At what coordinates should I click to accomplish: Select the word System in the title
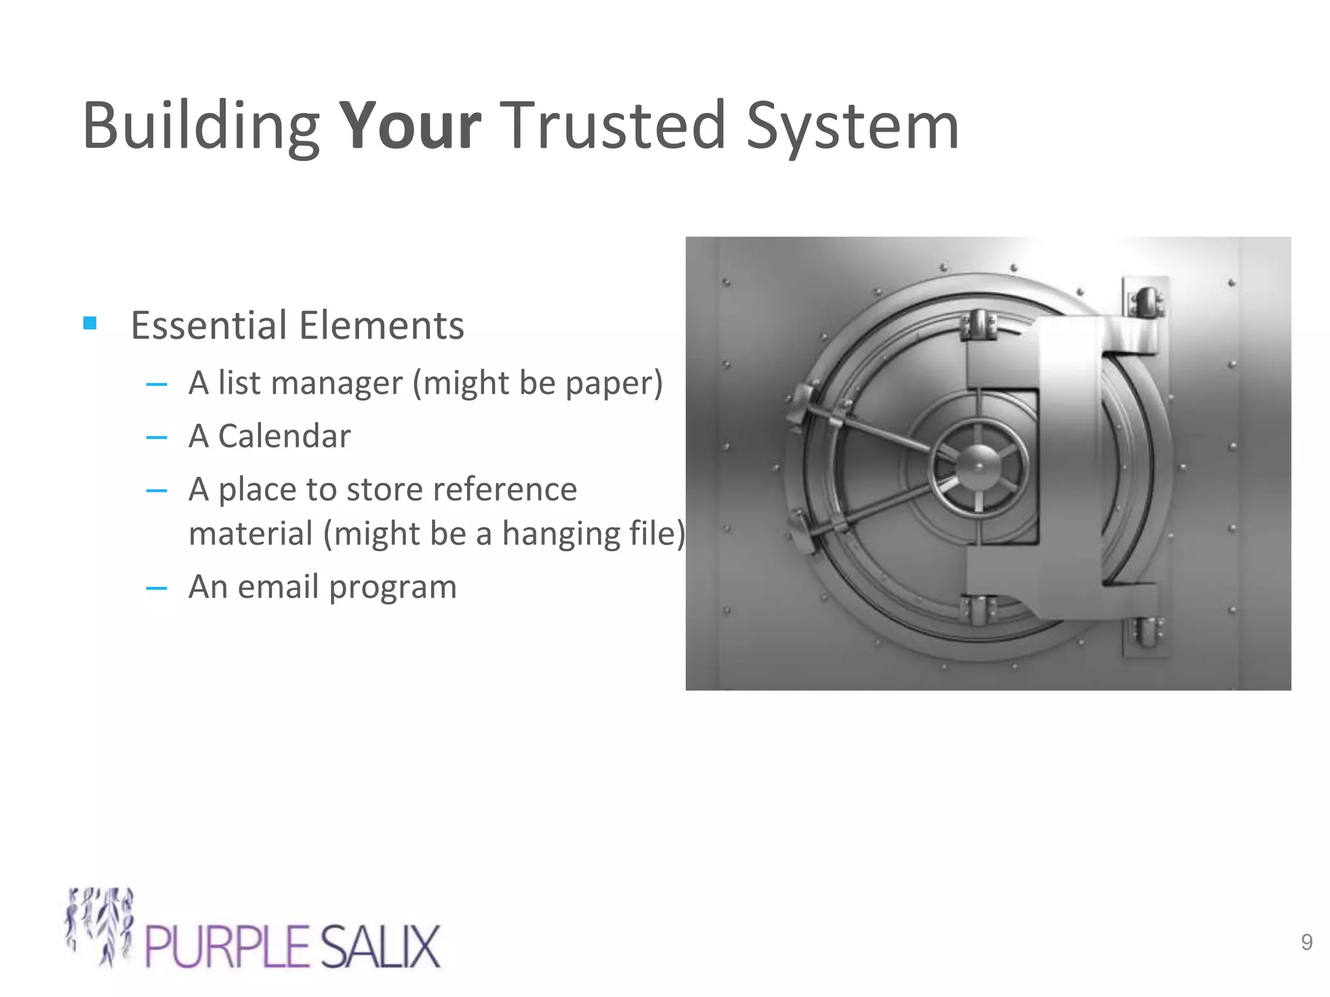click(x=852, y=127)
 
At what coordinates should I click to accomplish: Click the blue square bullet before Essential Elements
click(x=90, y=323)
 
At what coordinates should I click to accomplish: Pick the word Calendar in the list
click(x=284, y=436)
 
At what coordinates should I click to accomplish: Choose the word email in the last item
click(x=280, y=587)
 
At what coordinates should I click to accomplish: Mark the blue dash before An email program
click(x=157, y=589)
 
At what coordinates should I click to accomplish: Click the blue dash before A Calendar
click(x=157, y=437)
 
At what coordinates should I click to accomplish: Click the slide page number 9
click(x=1307, y=942)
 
